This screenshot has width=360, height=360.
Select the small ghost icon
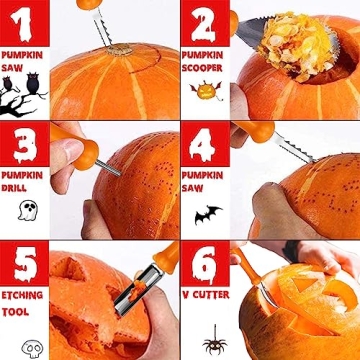click(x=29, y=209)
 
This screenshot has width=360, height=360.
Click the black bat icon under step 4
click(x=207, y=214)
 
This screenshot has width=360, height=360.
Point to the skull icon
click(x=31, y=347)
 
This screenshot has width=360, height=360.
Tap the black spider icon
click(x=213, y=343)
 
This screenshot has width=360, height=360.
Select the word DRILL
click(x=20, y=188)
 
